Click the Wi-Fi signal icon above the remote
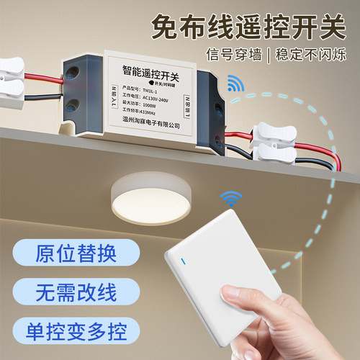[x=230, y=197]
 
